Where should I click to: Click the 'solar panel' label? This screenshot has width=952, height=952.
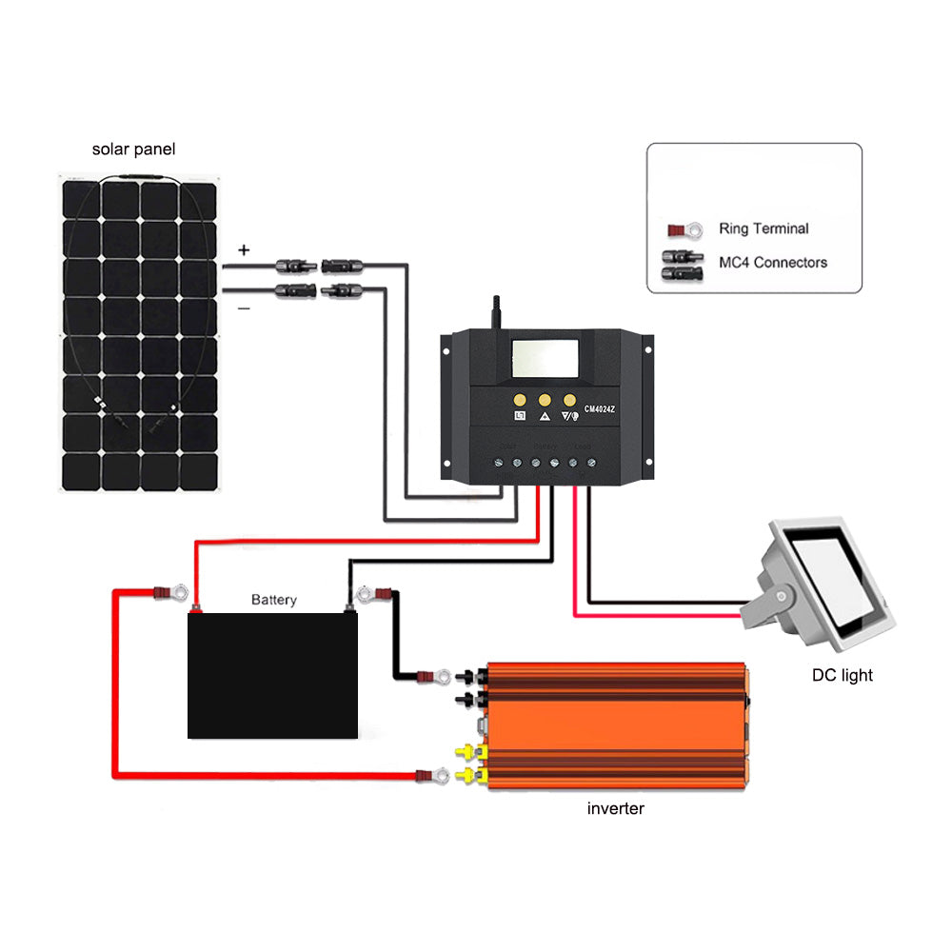click(133, 149)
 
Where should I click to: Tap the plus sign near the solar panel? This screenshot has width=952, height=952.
click(244, 250)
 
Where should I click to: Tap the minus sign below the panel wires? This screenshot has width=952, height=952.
click(244, 307)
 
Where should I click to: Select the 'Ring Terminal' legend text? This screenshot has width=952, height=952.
click(764, 228)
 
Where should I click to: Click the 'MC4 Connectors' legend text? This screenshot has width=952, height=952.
click(771, 262)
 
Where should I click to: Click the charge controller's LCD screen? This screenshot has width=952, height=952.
click(545, 358)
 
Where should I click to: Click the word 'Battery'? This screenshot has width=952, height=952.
click(274, 600)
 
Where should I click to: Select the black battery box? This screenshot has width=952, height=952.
click(272, 676)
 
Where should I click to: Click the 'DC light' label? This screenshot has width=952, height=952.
click(842, 676)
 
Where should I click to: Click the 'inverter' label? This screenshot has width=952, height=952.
click(615, 809)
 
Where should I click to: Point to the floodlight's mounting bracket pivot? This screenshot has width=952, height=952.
click(781, 597)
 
